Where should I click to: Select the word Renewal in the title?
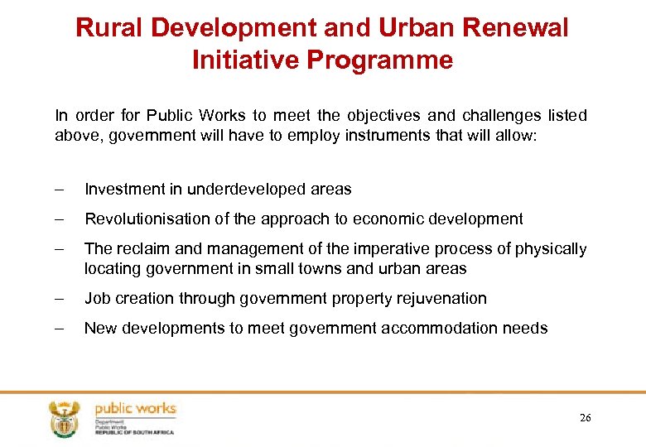[516, 28]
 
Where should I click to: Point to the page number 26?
[586, 418]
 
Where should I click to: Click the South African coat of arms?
[64, 418]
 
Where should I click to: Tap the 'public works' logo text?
[135, 408]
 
